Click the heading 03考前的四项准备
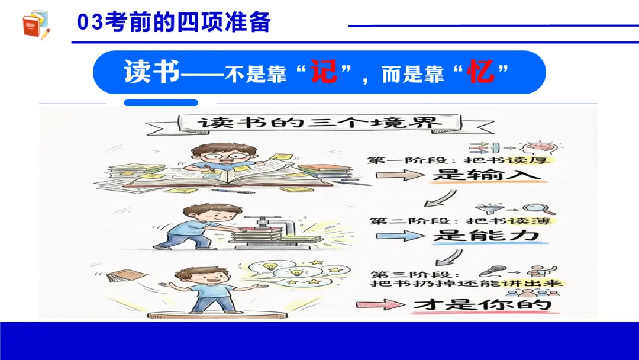pyautogui.click(x=174, y=22)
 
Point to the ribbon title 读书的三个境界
pyautogui.click(x=319, y=124)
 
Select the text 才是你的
pyautogui.click(x=482, y=305)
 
